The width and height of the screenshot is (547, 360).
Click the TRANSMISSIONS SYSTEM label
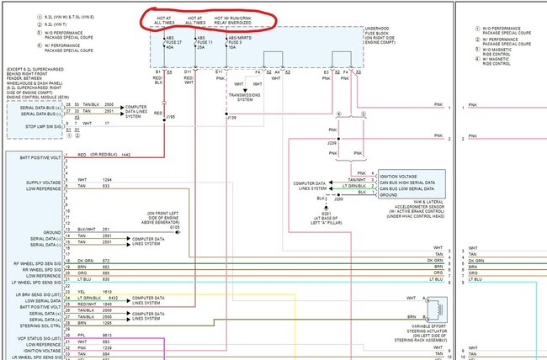[245, 98]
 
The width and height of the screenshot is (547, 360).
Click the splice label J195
[170, 118]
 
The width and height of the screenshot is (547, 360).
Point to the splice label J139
[231, 119]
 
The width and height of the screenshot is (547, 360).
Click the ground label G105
[175, 226]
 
